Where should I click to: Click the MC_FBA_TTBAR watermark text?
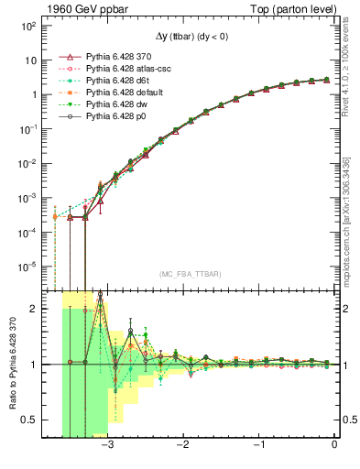click(x=191, y=275)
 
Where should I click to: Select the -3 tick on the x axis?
click(x=108, y=446)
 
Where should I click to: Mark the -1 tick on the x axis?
click(x=259, y=446)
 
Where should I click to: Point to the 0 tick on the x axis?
click(x=334, y=446)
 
